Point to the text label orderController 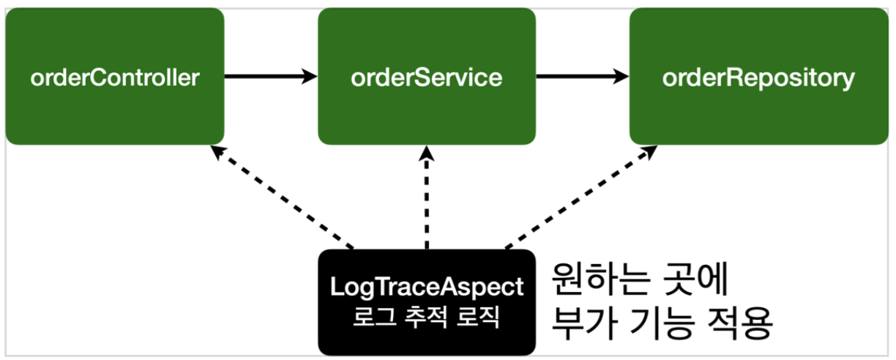tap(114, 78)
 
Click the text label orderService tap(427, 78)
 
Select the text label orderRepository tap(758, 78)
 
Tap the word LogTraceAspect tap(428, 288)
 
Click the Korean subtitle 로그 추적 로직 tap(428, 319)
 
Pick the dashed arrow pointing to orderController tap(282, 197)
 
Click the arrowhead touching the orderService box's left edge tap(310, 75)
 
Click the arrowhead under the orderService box tap(428, 152)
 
